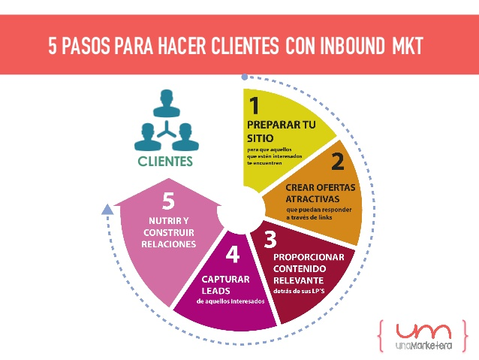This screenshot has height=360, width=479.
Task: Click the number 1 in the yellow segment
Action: point(255,104)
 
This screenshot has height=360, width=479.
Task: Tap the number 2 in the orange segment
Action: point(338,161)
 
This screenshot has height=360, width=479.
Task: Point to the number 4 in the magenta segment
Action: point(233,256)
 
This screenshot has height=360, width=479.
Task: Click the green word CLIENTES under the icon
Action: point(164,161)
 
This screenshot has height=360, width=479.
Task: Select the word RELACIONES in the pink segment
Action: point(172,244)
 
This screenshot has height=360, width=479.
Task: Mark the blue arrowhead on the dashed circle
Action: point(107,210)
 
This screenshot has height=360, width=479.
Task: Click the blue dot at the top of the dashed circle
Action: point(244,77)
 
